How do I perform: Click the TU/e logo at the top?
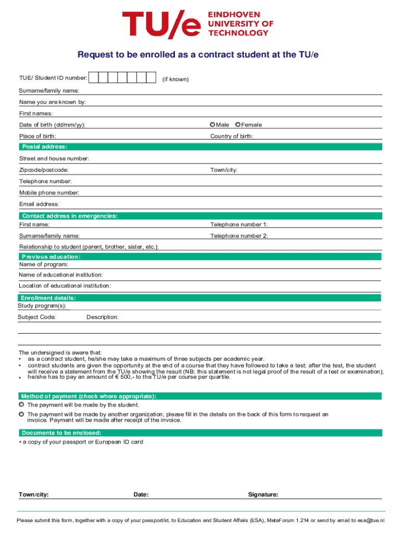(198, 25)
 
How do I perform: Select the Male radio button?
(212, 124)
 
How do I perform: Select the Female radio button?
(238, 124)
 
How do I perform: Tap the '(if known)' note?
(175, 79)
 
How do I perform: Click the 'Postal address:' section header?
(45, 147)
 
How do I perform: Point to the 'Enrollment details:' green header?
(49, 298)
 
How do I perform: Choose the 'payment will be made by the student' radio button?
(21, 404)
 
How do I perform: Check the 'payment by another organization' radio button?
(21, 414)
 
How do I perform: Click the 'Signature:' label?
(263, 494)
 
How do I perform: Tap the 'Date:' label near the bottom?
(141, 494)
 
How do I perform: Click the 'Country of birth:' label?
(232, 136)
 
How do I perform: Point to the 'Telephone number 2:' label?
(239, 236)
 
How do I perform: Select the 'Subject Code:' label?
(37, 317)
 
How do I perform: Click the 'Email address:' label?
(39, 204)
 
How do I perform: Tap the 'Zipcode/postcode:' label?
(44, 170)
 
